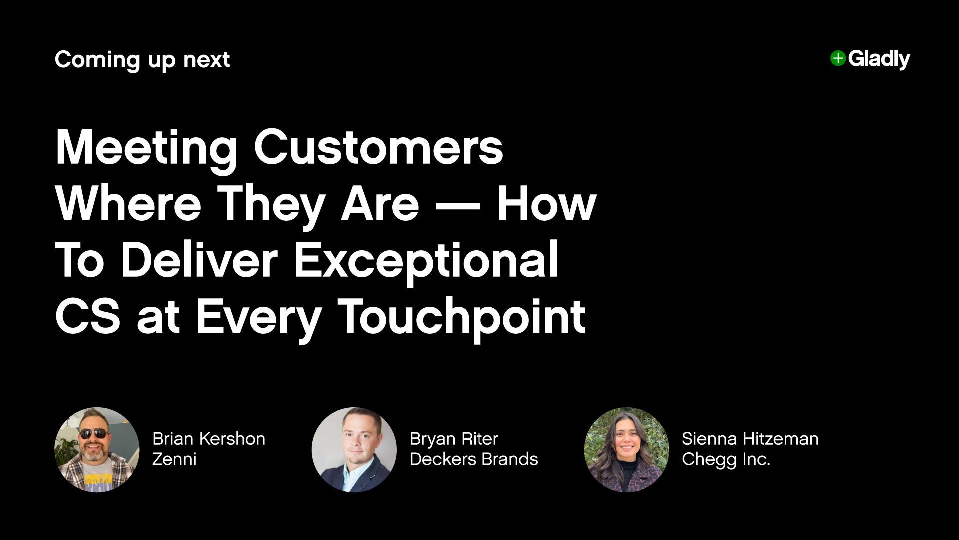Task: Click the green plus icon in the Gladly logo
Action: (x=838, y=58)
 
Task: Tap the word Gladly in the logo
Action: (x=879, y=59)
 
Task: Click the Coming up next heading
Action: (x=142, y=60)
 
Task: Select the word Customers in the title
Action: (x=379, y=147)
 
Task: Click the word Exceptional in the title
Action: (x=426, y=260)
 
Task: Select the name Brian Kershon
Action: (x=209, y=439)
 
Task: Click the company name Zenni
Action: (x=174, y=459)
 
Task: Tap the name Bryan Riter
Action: (x=454, y=439)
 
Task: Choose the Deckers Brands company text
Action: (x=474, y=459)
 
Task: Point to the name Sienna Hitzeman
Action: (x=750, y=439)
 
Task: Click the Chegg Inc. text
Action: (x=726, y=459)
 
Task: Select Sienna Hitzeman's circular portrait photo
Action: (x=626, y=450)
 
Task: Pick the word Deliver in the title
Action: (x=199, y=260)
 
